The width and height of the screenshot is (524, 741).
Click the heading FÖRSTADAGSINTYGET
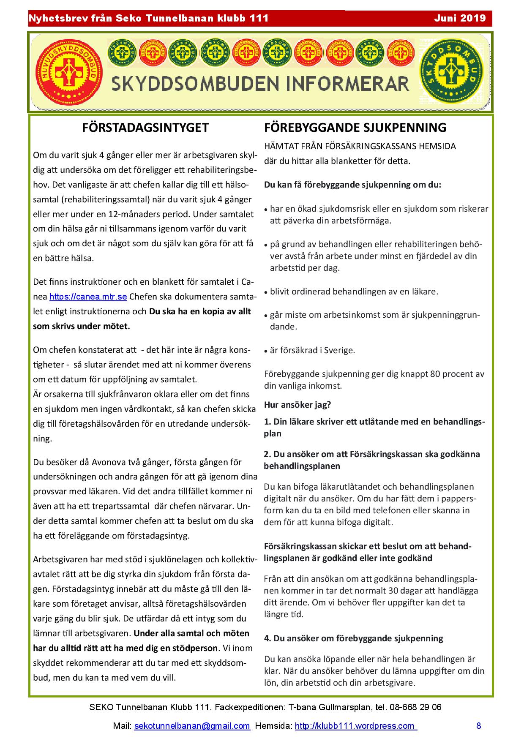click(145, 128)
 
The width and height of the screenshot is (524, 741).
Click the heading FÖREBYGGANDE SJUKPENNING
click(355, 128)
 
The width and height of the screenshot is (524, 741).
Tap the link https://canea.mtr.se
click(88, 297)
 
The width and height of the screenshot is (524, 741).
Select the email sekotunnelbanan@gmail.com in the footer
click(192, 726)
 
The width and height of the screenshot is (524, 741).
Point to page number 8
click(478, 726)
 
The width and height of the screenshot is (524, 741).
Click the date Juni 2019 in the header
click(460, 19)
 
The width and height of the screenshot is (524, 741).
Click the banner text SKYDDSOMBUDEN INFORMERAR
click(260, 84)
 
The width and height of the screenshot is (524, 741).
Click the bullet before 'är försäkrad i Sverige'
click(266, 351)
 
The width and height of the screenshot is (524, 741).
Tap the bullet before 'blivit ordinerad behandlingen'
click(266, 292)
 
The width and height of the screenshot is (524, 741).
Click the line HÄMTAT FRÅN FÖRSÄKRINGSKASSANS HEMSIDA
click(360, 147)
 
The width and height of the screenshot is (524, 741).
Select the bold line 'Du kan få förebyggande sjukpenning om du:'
click(352, 185)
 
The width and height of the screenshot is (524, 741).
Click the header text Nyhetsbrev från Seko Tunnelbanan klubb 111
click(148, 19)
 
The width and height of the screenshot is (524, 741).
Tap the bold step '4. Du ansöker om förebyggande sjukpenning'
click(353, 638)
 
